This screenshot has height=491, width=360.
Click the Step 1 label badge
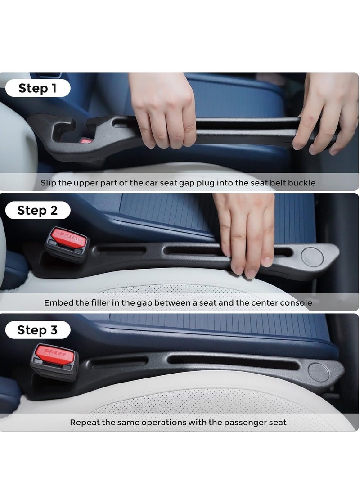click(38, 88)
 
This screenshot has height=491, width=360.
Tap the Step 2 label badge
click(38, 210)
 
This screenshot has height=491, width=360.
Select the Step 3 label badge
click(38, 330)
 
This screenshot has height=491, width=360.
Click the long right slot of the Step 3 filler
click(234, 361)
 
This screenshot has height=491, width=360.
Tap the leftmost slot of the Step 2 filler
click(120, 249)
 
